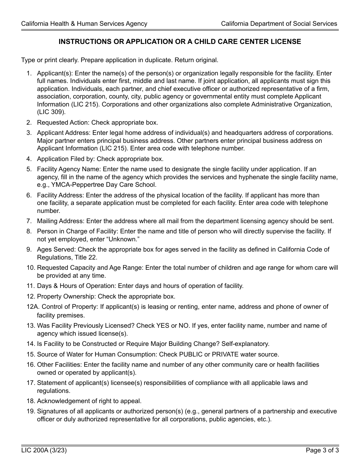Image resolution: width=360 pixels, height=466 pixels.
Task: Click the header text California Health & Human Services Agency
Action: click(x=84, y=23)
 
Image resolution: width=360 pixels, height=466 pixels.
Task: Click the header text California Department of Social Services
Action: click(x=279, y=23)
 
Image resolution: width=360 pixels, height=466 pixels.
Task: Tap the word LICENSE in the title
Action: click(x=287, y=42)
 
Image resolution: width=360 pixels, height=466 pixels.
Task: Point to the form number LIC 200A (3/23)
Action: click(x=44, y=450)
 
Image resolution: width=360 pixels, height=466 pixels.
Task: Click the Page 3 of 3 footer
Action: click(x=322, y=450)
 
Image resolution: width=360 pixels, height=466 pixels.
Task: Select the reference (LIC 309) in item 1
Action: click(x=51, y=112)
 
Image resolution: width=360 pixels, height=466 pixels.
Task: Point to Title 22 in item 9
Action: click(x=86, y=257)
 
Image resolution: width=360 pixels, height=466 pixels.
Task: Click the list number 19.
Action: click(x=30, y=411)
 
